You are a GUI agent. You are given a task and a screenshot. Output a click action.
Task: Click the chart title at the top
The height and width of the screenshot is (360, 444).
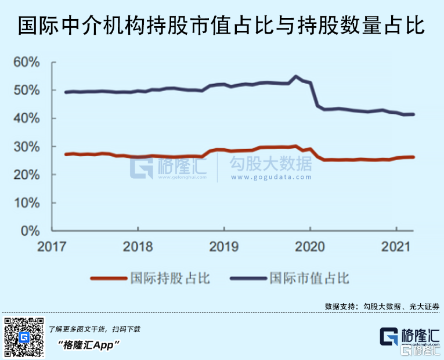click(221, 26)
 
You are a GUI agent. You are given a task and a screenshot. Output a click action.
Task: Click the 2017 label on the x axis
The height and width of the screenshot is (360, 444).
click(52, 246)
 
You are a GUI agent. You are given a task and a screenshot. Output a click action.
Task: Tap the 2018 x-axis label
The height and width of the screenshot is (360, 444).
click(138, 246)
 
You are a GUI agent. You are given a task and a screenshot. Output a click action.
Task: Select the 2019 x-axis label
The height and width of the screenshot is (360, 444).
click(224, 246)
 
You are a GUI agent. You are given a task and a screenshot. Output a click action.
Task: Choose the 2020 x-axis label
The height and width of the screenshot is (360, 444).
click(310, 246)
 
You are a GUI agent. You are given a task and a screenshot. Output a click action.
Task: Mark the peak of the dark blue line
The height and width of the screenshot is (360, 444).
click(297, 77)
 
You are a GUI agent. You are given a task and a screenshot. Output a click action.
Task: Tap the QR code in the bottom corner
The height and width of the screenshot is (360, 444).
click(24, 337)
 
